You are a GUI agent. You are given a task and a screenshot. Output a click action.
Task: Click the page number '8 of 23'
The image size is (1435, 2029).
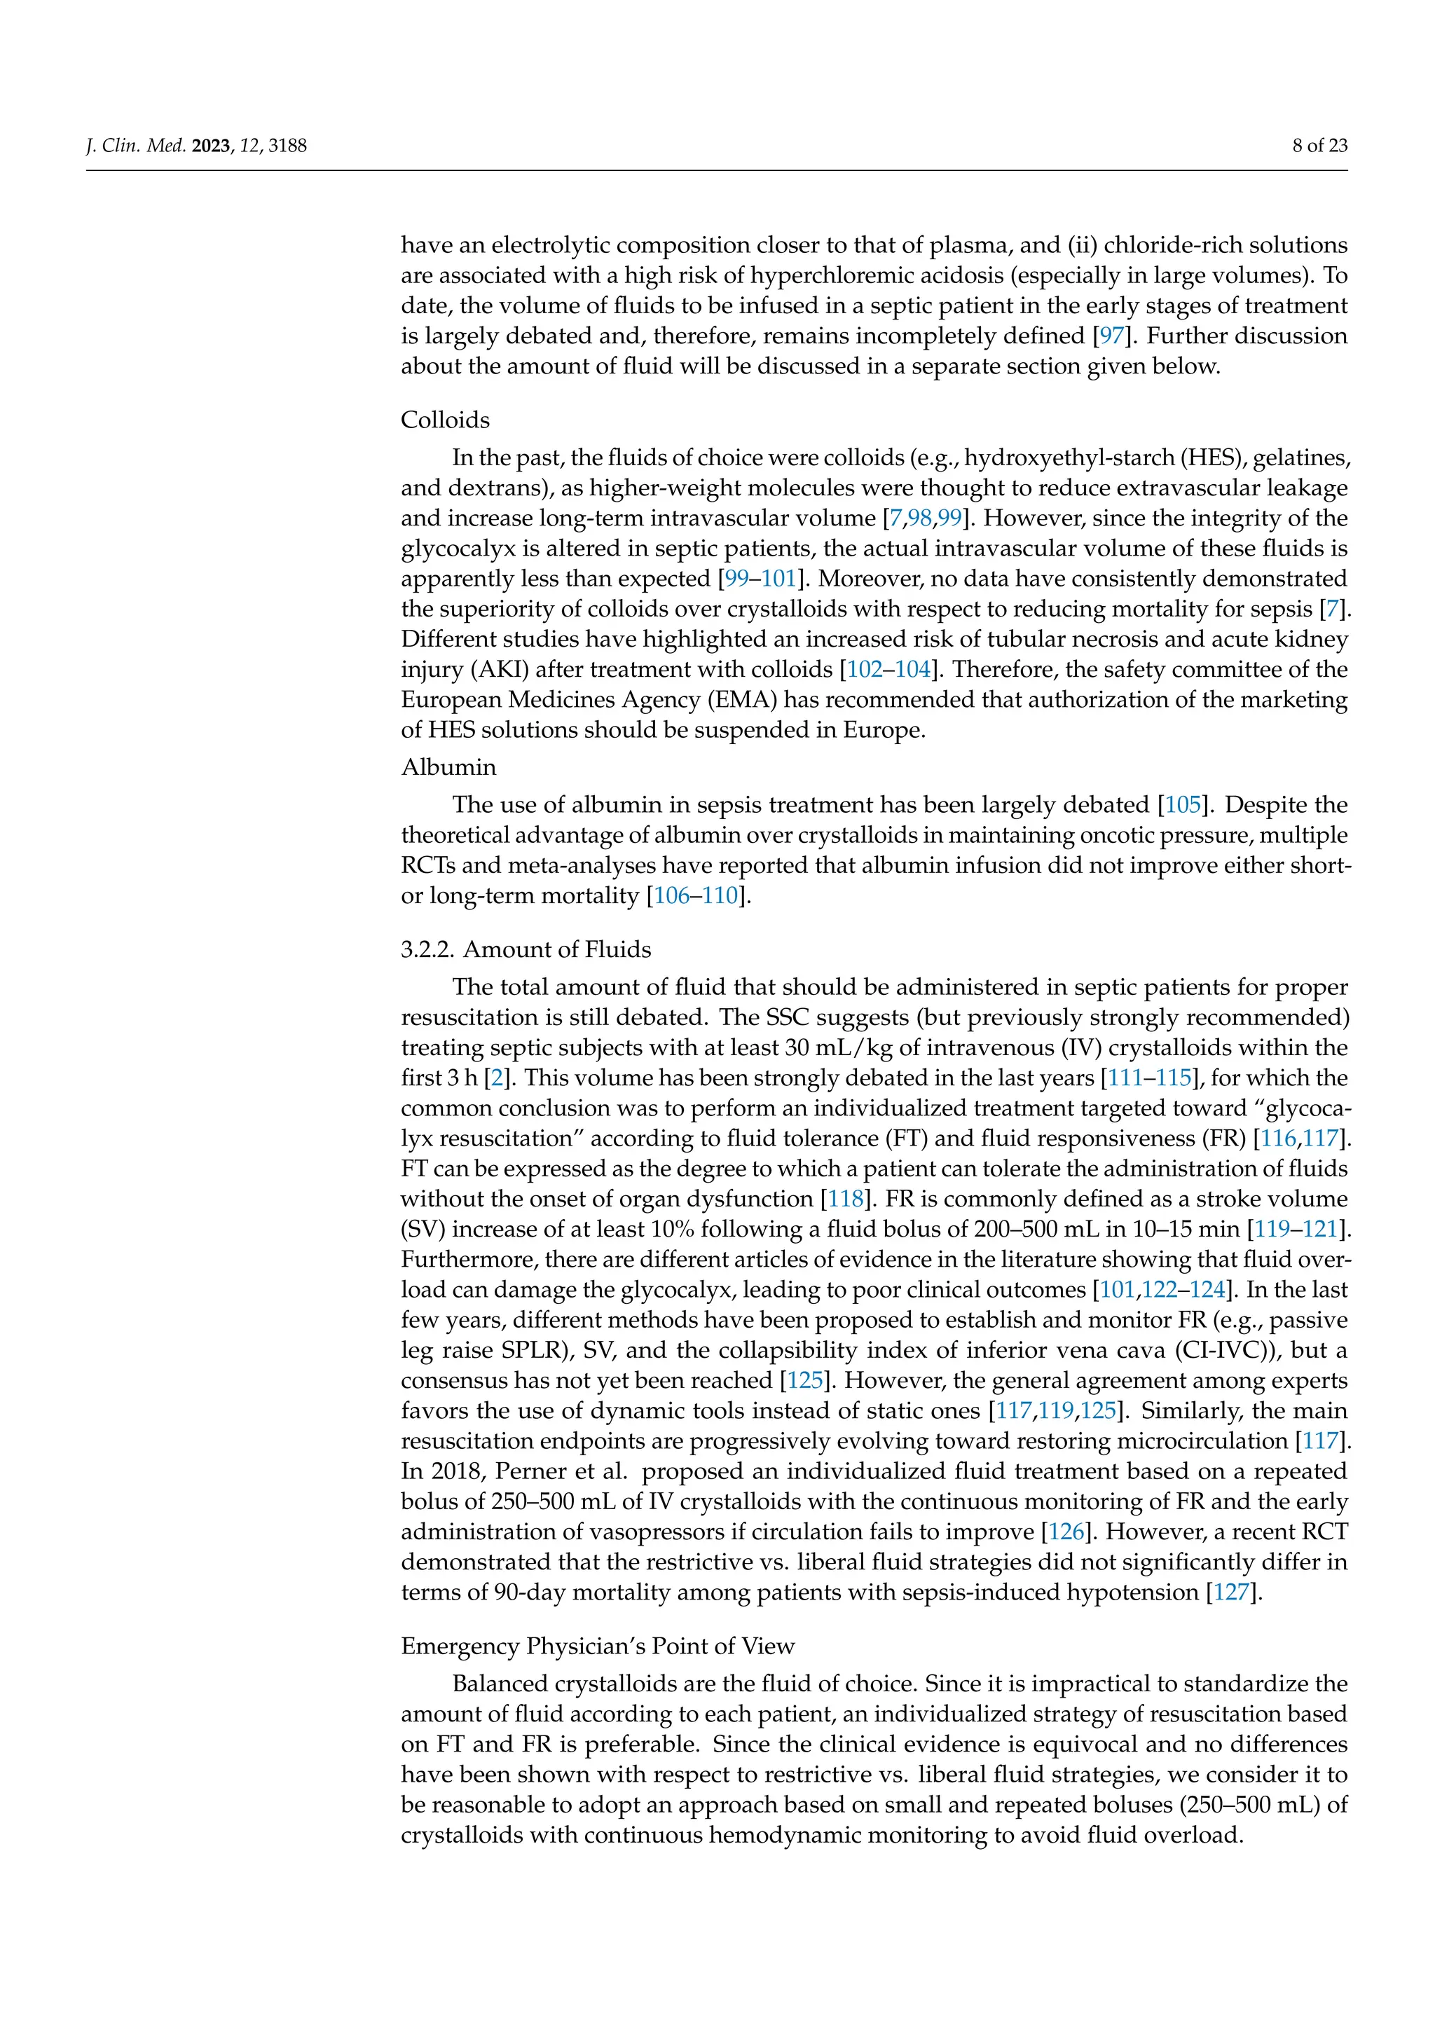point(1319,146)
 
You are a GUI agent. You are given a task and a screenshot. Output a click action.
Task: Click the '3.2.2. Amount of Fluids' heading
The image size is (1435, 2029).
point(526,949)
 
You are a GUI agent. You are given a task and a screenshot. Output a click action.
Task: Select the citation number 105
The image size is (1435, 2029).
point(1183,805)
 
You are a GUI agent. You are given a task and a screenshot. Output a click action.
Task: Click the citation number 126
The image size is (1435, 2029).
point(1066,1532)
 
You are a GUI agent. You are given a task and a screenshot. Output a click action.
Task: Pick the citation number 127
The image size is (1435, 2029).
point(1231,1593)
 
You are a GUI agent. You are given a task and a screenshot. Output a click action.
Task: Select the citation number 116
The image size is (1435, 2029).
point(1279,1139)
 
